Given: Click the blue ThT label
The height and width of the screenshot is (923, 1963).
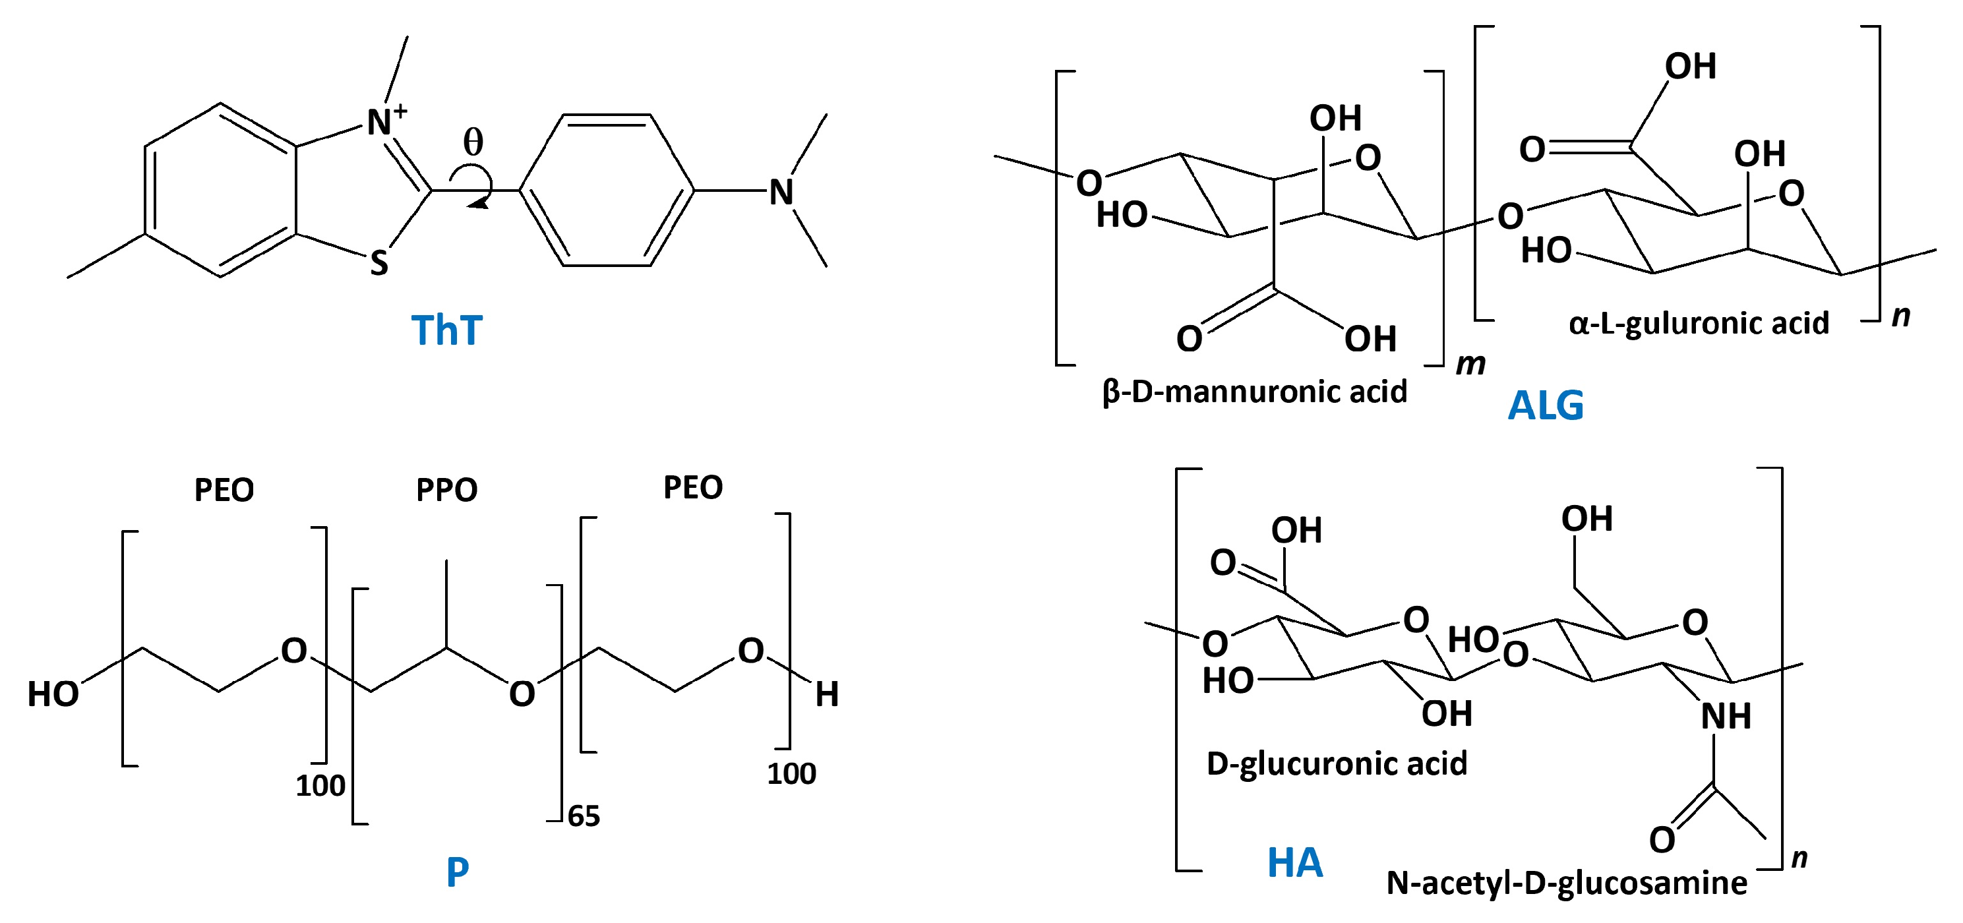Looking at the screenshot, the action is [x=446, y=330].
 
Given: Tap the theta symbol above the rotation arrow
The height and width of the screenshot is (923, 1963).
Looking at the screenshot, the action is [x=473, y=142].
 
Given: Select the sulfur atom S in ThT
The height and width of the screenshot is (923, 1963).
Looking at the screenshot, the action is [x=378, y=264].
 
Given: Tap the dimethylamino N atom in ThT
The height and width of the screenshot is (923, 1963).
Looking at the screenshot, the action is [x=781, y=192].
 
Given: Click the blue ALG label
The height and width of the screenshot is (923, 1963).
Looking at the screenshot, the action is [x=1546, y=405].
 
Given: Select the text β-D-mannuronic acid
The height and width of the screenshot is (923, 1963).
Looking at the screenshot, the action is [x=1254, y=392].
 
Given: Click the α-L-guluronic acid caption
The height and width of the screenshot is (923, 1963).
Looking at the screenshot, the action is [x=1699, y=323].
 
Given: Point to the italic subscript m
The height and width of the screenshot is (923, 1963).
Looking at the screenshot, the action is [x=1470, y=365].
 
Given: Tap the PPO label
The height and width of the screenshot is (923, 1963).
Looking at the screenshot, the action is [x=446, y=490].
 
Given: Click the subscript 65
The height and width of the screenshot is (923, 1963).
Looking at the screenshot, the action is [x=584, y=816].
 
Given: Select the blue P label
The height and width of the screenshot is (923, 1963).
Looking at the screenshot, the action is [x=457, y=871].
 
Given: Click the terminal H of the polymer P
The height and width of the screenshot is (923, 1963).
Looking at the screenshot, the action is [x=827, y=694].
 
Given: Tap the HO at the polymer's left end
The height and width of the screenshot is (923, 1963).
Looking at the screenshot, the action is [x=53, y=694].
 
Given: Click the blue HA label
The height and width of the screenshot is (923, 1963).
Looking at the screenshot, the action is [x=1294, y=863].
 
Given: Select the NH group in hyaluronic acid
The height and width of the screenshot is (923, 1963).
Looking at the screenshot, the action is [x=1726, y=717].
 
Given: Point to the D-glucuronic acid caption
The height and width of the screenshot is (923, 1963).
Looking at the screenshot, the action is [x=1337, y=763].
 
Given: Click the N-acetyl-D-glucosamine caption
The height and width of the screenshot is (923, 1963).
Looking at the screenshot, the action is [x=1567, y=883].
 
